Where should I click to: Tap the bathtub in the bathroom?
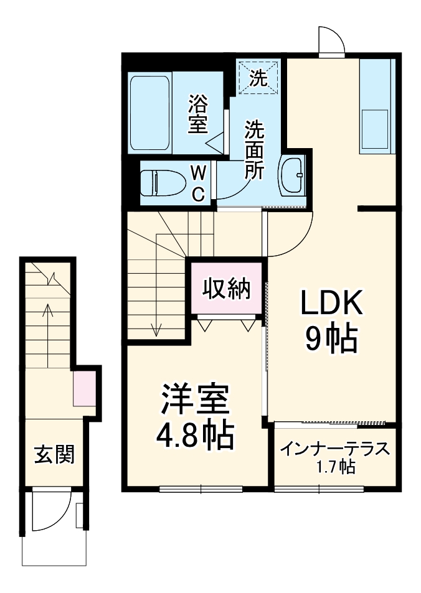click(149, 113)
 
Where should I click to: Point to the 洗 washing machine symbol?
click(258, 77)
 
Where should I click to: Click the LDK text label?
click(332, 304)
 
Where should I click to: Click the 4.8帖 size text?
click(195, 436)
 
